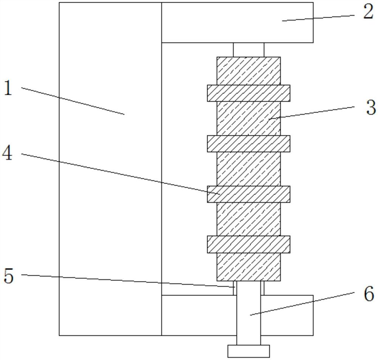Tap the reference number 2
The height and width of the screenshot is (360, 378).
[x=368, y=12]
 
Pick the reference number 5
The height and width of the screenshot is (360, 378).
[x=8, y=276]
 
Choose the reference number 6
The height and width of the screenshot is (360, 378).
[x=369, y=294]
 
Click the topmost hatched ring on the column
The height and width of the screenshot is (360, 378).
[x=248, y=93]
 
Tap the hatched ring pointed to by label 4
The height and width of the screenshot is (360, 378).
[x=248, y=194]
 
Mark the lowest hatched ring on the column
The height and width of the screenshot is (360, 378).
[x=248, y=244]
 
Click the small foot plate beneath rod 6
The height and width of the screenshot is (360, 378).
[x=248, y=351]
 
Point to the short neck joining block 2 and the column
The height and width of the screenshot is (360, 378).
[x=248, y=49]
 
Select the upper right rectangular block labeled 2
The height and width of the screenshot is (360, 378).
[x=237, y=22]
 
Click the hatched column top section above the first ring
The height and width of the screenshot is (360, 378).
[x=248, y=71]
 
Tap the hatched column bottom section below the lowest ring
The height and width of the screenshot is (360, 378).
[x=248, y=267]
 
